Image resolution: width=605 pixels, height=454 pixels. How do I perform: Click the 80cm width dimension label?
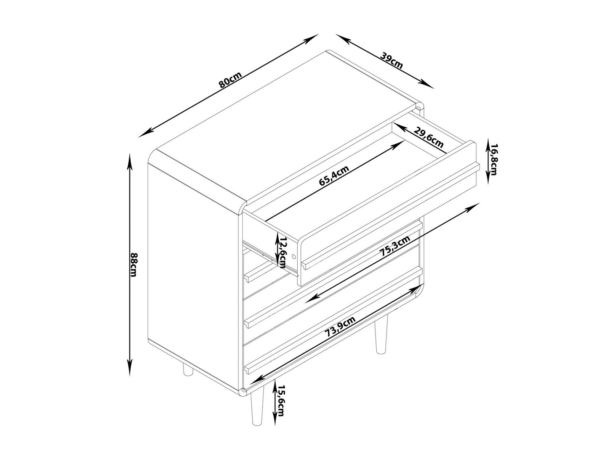(x=229, y=80)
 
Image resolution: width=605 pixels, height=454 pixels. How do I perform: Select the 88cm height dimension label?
(x=134, y=265)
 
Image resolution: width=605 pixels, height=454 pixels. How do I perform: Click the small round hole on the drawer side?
(x=293, y=256)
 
